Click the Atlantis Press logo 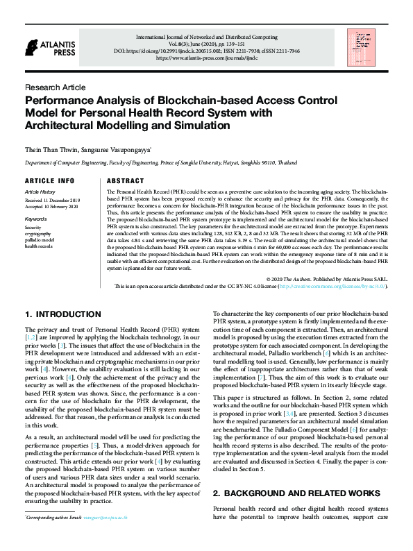tap(48, 47)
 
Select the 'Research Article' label tap(55, 87)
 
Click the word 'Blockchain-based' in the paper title tap(182, 100)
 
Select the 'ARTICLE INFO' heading tap(49, 180)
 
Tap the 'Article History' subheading tap(40, 192)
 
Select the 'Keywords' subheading tap(35, 219)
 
